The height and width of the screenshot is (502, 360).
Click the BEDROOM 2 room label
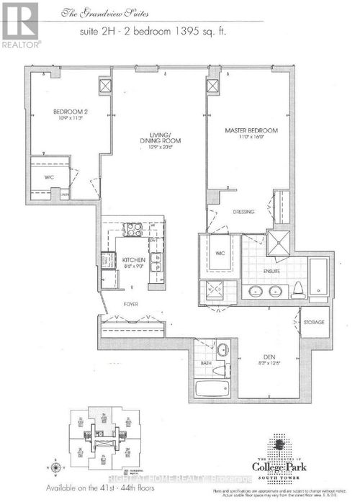click(70, 112)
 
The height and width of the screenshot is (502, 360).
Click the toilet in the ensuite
click(297, 289)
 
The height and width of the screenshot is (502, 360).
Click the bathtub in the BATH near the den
click(216, 390)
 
